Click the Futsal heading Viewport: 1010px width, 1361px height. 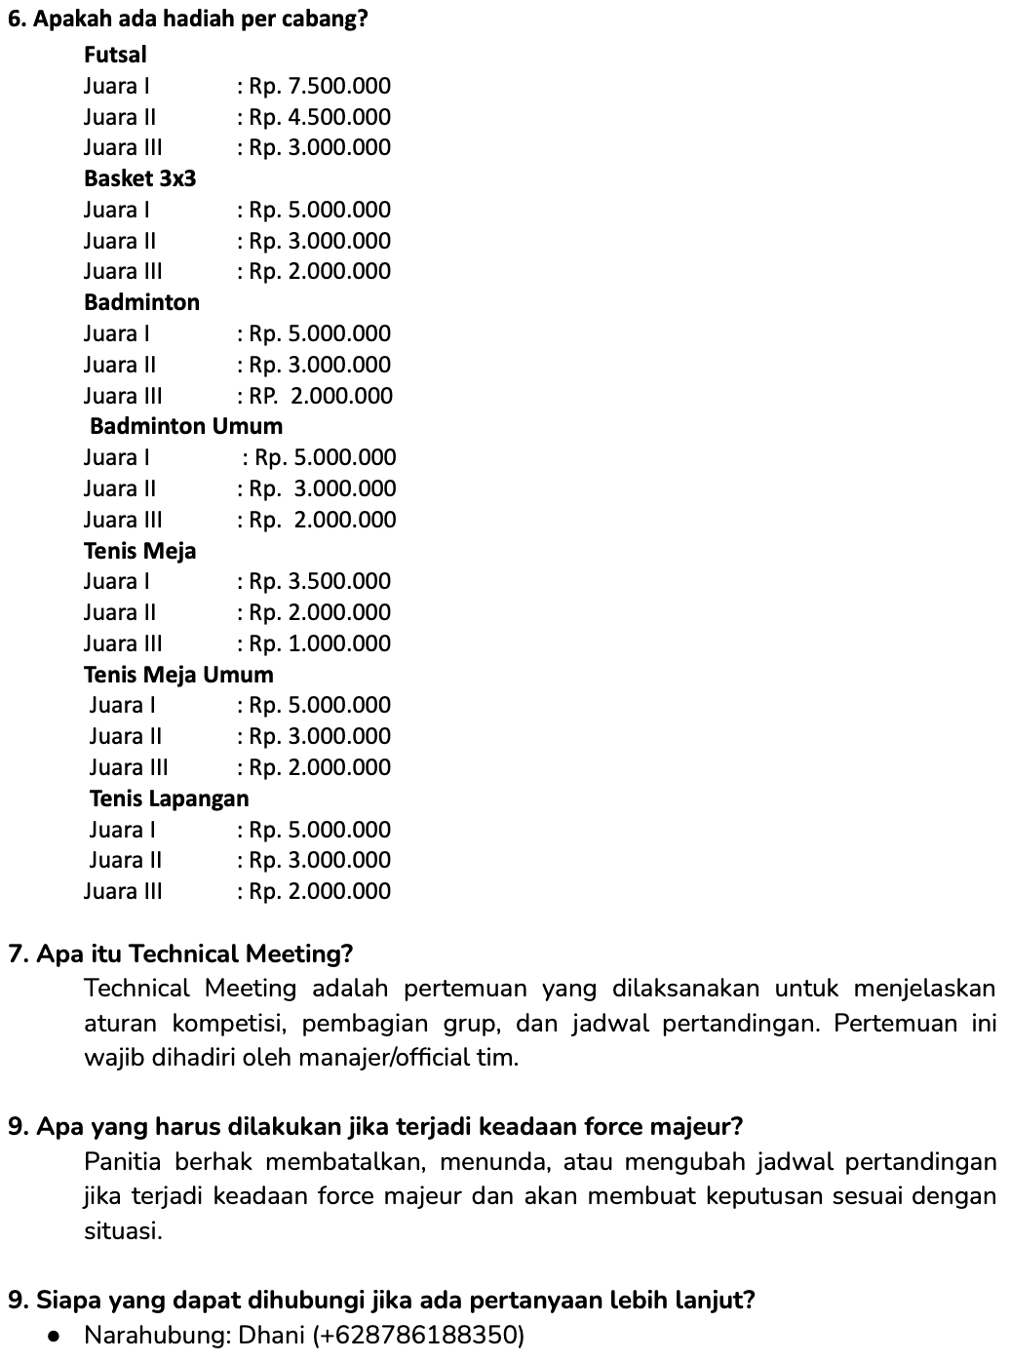tap(115, 55)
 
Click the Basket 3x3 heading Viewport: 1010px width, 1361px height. tap(139, 178)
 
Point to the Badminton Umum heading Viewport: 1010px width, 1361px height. tap(186, 426)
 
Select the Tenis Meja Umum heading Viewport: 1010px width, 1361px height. tap(178, 675)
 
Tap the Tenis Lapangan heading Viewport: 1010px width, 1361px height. tap(170, 798)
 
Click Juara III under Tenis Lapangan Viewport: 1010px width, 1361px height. tap(123, 891)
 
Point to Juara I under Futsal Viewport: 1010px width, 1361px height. tap(116, 86)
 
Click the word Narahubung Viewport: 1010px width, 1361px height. tap(155, 1335)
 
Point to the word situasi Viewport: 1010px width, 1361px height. tap(121, 1231)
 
